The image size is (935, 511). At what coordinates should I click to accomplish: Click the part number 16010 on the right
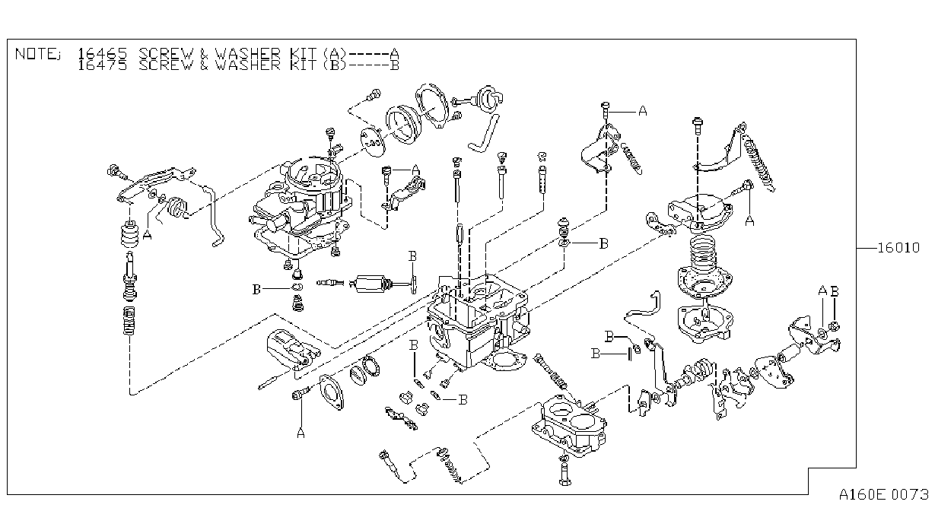pos(898,248)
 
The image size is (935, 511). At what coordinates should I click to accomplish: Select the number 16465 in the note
pos(102,54)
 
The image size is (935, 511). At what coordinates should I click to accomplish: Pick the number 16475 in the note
pos(102,65)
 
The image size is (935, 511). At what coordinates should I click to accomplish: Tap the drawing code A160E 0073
pos(884,494)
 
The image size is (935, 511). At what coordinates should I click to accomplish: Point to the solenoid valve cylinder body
pos(372,284)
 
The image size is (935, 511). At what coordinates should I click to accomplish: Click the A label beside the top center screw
pos(643,111)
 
